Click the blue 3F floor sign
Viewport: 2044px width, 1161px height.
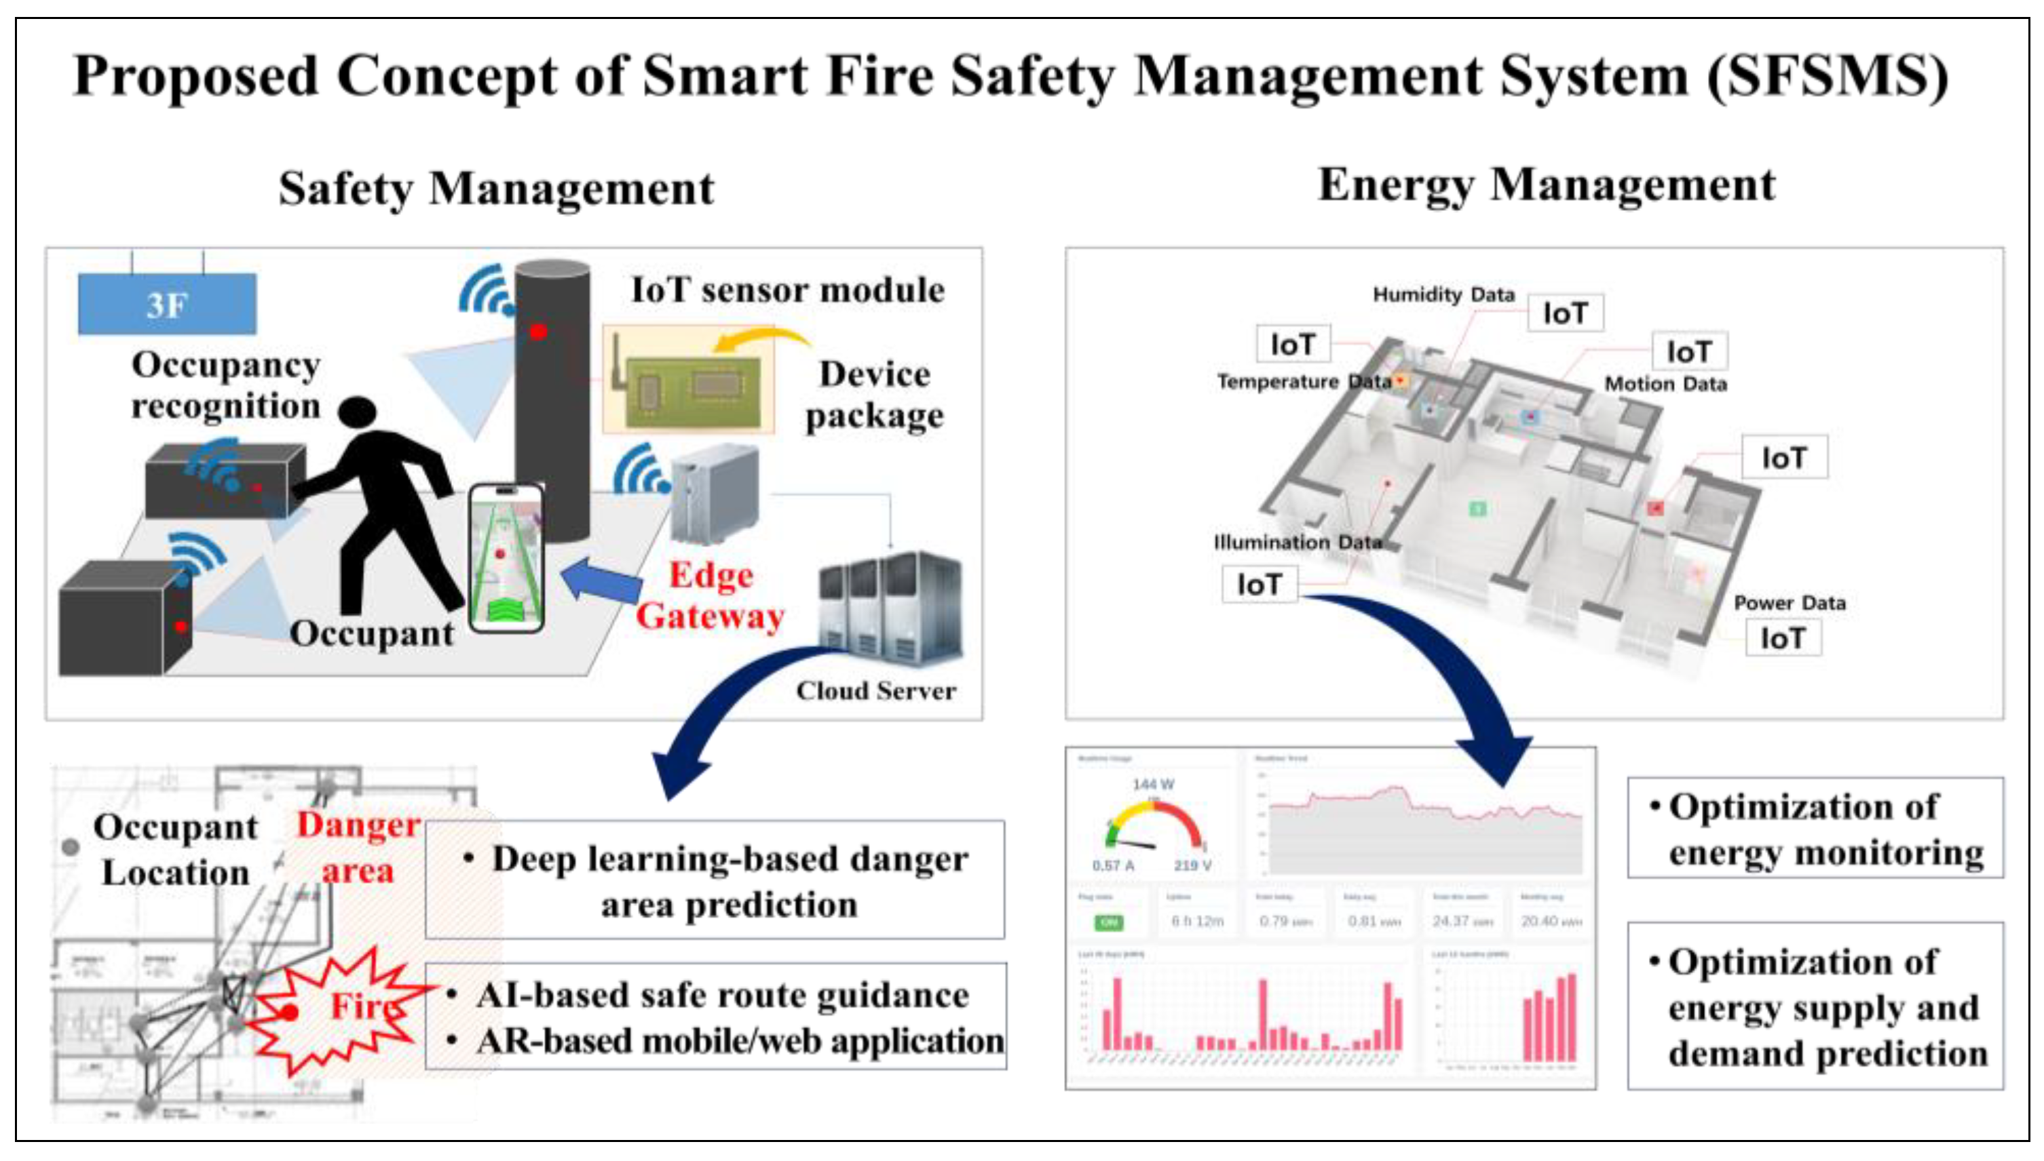coord(167,304)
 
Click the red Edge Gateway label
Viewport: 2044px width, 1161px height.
coord(710,595)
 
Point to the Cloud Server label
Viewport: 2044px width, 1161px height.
coord(875,690)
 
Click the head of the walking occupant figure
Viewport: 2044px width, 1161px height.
coord(357,412)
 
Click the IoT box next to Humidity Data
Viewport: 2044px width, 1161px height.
coord(1564,313)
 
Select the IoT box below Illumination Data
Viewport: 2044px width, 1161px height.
coord(1259,585)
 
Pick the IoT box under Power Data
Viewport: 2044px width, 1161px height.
coord(1782,639)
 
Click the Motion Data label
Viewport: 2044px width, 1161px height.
coord(1665,385)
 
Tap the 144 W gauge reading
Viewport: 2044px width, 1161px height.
coord(1153,785)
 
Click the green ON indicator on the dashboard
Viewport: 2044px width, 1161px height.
coord(1108,922)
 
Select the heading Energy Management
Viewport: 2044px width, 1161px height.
coord(1545,185)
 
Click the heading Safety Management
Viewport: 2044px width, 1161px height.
coord(495,189)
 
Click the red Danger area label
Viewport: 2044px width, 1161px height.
coord(358,847)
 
